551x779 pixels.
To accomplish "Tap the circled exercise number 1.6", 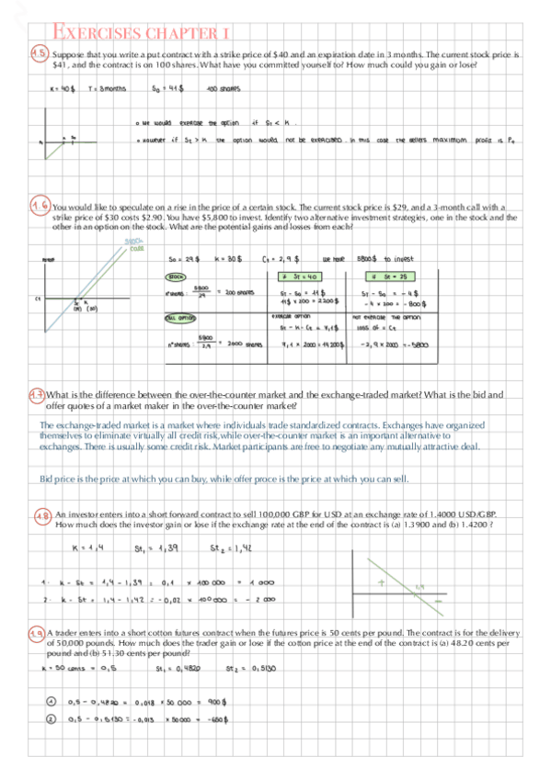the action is (40, 206).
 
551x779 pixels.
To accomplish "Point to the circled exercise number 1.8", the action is (41, 516).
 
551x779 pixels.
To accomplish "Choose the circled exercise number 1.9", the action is (37, 633).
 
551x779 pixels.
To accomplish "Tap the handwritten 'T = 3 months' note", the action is (107, 89).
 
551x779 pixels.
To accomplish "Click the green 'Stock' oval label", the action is (176, 276).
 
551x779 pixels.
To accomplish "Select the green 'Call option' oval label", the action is (179, 319).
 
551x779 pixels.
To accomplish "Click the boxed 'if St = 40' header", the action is (299, 276).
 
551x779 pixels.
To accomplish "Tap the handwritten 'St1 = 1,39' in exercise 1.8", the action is (153, 548).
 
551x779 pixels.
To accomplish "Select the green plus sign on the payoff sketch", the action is (380, 582).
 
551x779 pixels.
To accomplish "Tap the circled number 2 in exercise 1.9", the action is (52, 719).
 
